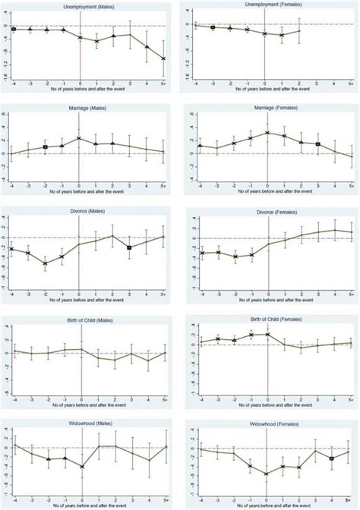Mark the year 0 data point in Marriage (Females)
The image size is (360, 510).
coord(266,133)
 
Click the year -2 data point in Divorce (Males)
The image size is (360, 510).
coord(46,263)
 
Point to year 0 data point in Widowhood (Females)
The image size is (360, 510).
coord(266,474)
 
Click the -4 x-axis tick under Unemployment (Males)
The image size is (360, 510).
coord(12,84)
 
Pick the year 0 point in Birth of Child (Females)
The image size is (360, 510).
coord(266,334)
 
